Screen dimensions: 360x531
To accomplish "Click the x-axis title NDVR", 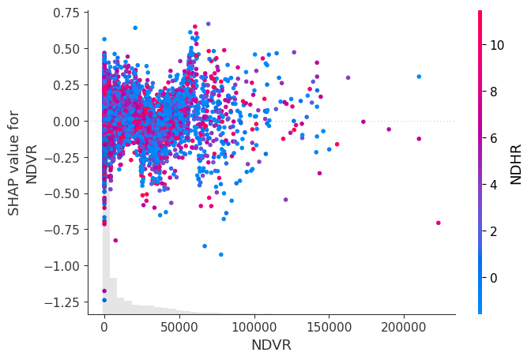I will [x=272, y=345].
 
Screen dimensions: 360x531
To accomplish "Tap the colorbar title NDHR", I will [x=516, y=163].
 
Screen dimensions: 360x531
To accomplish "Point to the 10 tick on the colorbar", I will [x=497, y=45].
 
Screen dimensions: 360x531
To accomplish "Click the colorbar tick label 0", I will [x=494, y=277].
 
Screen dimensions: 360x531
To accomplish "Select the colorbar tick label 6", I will [x=494, y=138].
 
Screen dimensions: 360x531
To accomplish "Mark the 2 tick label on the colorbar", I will [x=494, y=231].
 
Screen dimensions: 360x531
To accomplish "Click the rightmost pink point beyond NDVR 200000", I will [x=438, y=223].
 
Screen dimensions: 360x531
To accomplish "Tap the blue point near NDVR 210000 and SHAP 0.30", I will [x=419, y=77].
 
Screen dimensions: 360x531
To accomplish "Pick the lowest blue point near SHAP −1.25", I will [x=104, y=300].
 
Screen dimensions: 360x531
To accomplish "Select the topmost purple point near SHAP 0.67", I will [x=208, y=24].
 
